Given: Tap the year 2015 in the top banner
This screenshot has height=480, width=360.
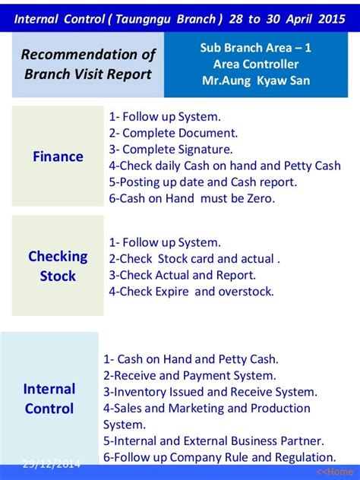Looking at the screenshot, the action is point(332,19).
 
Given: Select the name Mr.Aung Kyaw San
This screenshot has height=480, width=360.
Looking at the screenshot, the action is point(256,81).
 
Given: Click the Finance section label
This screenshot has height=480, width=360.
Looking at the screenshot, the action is point(58,156).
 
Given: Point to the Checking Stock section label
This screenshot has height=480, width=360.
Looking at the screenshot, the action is point(58,267).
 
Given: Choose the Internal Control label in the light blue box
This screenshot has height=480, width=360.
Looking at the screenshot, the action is point(49,399).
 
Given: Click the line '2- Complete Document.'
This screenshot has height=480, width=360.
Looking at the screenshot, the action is point(173,133).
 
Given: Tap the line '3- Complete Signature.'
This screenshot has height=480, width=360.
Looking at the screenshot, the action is point(171,150).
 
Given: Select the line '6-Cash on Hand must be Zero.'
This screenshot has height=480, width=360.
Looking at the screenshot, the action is point(192,198).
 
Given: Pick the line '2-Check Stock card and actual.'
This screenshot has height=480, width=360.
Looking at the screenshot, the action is point(194,259).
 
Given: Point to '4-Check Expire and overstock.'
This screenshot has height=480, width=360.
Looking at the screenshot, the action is point(191,292).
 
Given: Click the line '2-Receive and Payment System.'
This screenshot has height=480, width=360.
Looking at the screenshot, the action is point(189,376).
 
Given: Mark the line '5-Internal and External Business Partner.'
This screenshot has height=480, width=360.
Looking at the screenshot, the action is point(213,441).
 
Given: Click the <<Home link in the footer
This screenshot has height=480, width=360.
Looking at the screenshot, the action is point(334,472).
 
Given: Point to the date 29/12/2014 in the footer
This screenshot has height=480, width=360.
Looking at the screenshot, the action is point(52,464).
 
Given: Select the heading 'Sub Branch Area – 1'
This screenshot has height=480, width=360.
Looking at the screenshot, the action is point(256,48).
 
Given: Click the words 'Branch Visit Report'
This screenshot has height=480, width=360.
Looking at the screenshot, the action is point(88,74).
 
